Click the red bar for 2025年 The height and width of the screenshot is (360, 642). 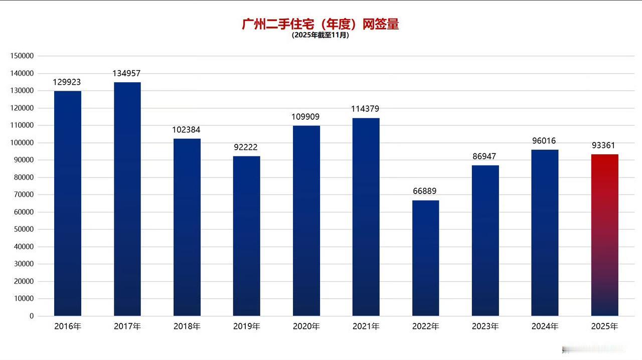[604, 235]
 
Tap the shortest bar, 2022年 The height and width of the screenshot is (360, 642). [425, 258]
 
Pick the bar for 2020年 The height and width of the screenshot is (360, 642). [306, 221]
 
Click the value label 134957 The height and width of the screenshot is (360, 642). [127, 74]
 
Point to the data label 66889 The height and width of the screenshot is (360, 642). [425, 192]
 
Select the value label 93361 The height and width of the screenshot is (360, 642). [604, 145]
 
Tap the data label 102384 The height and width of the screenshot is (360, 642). [187, 130]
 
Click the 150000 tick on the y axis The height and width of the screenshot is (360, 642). [22, 56]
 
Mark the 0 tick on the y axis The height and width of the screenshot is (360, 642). [32, 316]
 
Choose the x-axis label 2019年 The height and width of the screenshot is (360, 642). [246, 326]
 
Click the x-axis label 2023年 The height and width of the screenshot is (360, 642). [485, 326]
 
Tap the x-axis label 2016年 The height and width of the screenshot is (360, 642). [68, 326]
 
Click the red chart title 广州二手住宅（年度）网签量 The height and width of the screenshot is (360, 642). [320, 24]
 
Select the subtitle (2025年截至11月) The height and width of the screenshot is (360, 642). [320, 36]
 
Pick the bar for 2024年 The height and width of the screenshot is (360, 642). [545, 233]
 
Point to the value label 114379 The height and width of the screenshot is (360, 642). [366, 109]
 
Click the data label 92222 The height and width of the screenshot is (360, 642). [246, 147]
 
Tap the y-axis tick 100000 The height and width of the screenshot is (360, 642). [22, 143]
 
